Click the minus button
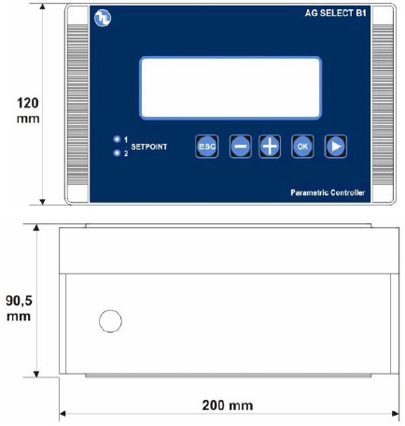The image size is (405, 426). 241,147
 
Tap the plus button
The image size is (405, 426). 270,147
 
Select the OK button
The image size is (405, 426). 301,147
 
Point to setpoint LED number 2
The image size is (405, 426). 117,152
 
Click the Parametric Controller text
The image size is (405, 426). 326,192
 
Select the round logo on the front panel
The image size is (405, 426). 102,17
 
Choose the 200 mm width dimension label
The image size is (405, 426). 226,405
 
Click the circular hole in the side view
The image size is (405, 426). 110,321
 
